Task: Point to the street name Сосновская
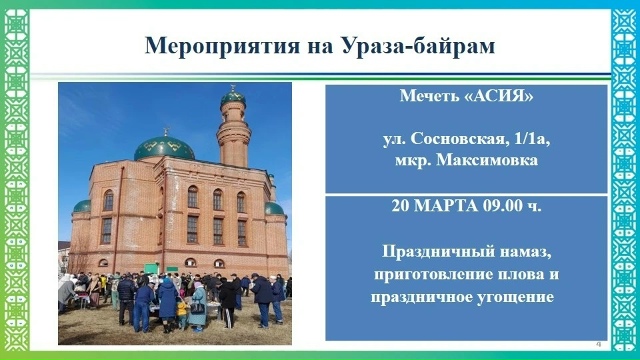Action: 451,141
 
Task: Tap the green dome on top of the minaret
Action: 232,97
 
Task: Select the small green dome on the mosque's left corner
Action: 82,205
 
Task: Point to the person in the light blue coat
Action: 198,301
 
